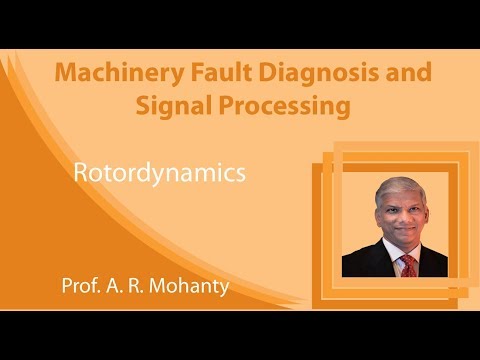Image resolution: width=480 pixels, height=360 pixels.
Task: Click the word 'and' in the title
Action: tap(407, 74)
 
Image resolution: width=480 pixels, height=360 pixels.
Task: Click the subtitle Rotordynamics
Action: tap(160, 172)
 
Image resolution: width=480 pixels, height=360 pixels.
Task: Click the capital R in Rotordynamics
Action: tap(81, 172)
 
